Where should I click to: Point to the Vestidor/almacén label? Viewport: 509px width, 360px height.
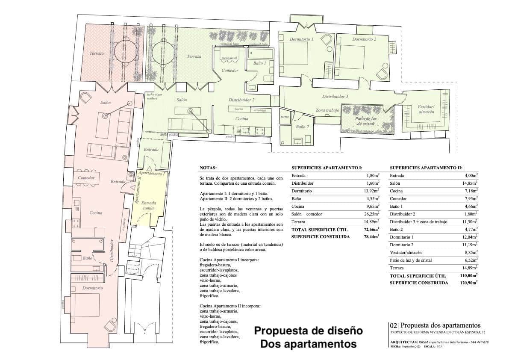click(x=426, y=109)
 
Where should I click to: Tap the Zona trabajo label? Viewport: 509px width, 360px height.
click(x=327, y=110)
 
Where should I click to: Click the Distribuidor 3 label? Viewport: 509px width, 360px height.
click(x=335, y=97)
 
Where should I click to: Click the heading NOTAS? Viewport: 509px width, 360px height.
click(x=208, y=168)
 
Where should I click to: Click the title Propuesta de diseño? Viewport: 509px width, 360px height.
click(x=309, y=331)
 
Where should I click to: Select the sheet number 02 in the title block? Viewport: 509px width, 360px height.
click(x=393, y=326)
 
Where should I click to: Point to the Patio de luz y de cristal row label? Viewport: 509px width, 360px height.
click(x=411, y=260)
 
